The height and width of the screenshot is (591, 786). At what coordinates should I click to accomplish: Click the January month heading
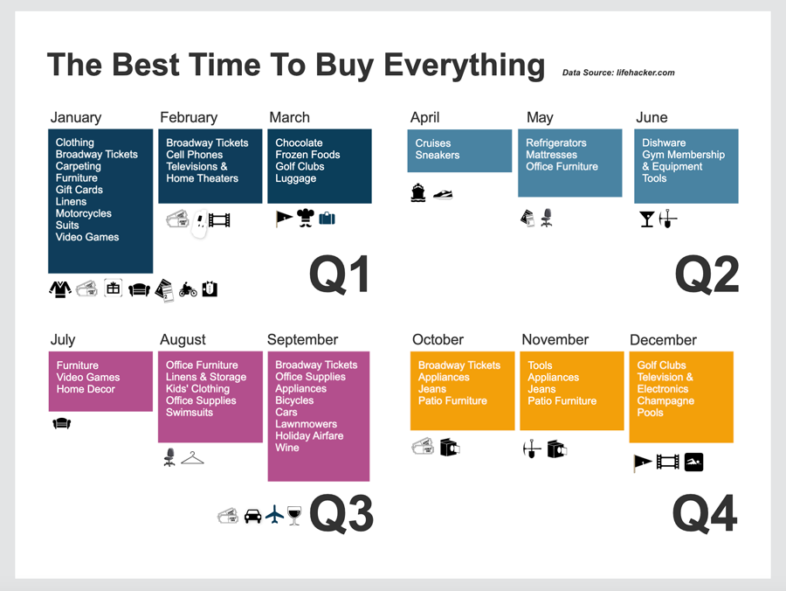[x=76, y=117]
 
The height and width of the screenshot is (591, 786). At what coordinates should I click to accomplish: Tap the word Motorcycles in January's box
[x=84, y=213]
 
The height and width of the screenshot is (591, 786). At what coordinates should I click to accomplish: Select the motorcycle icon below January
[x=188, y=289]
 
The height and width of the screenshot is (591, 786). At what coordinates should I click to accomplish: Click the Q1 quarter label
[x=339, y=275]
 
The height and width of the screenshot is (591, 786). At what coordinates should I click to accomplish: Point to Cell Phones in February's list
[x=195, y=155]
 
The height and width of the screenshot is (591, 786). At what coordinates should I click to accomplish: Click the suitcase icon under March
[x=327, y=219]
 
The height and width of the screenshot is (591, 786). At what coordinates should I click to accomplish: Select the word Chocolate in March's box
[x=299, y=143]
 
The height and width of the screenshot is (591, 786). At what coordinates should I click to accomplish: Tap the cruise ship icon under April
[x=418, y=193]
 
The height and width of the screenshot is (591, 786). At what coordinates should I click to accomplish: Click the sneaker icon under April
[x=444, y=194]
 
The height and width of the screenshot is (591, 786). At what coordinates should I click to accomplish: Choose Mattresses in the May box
[x=551, y=155]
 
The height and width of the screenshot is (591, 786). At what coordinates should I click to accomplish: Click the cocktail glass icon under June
[x=647, y=219]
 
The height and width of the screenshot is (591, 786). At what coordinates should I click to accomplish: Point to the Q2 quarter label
[x=707, y=275]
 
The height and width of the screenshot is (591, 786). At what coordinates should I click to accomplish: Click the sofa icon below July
[x=61, y=424]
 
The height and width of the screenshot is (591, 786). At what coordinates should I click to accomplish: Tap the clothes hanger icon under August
[x=192, y=457]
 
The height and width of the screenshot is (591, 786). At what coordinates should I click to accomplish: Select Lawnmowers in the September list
[x=306, y=424]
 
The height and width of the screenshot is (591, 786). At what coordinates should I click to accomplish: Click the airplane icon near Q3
[x=275, y=515]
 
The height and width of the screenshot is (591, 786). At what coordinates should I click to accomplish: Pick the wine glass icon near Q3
[x=294, y=515]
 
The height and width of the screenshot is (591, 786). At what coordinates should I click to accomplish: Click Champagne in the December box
[x=665, y=400]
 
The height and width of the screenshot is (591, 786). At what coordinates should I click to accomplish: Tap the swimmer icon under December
[x=693, y=462]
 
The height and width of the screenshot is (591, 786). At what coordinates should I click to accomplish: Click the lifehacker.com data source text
[x=618, y=73]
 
